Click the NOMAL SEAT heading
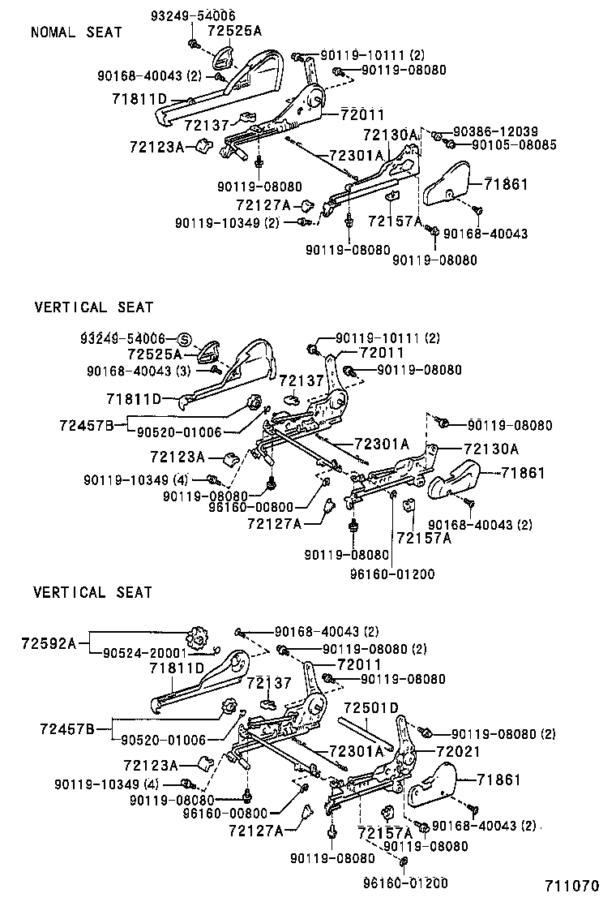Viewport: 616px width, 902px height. pyautogui.click(x=76, y=32)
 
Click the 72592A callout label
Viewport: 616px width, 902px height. pyautogui.click(x=48, y=643)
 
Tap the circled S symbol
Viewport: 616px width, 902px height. pyautogui.click(x=183, y=338)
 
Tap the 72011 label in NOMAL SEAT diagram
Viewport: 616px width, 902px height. pyautogui.click(x=362, y=114)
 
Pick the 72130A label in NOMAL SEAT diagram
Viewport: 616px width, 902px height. pyautogui.click(x=390, y=135)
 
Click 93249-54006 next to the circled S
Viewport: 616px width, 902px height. pyautogui.click(x=122, y=338)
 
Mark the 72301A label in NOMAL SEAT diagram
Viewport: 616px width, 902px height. pyautogui.click(x=356, y=155)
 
